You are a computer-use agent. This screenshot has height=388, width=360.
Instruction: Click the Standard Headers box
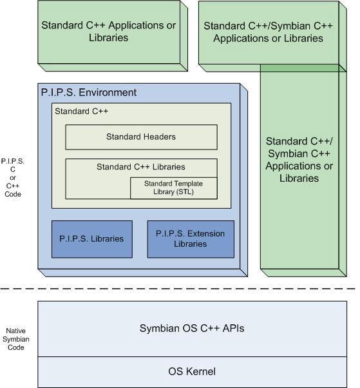coord(142,137)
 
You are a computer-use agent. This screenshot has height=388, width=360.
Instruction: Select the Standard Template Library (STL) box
coord(174,188)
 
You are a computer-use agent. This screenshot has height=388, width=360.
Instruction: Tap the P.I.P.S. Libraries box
coord(92,239)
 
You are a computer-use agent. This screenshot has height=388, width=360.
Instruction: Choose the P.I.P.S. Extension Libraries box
coord(191,239)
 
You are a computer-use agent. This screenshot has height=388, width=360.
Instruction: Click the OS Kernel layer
coord(192,372)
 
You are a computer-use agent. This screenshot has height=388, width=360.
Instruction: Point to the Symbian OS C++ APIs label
coord(192,328)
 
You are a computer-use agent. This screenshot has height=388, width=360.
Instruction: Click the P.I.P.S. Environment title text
coord(88,93)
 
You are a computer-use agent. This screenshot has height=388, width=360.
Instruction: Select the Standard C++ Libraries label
coord(141,167)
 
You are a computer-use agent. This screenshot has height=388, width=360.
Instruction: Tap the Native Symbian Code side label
coord(16,339)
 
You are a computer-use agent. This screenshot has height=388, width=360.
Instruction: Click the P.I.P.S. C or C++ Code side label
coord(13,178)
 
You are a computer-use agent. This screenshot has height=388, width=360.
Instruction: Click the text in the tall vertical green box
coord(299,160)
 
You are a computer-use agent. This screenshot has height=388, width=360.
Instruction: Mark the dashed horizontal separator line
coord(178,289)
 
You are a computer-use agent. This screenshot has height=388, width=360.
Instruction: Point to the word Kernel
coord(200,372)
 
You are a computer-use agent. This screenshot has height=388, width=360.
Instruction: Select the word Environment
coord(108,93)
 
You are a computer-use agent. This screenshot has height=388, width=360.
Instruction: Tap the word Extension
coord(206,233)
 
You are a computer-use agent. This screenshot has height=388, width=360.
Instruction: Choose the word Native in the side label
coord(16,331)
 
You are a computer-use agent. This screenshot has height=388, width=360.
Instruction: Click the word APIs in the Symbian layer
coord(233,328)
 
